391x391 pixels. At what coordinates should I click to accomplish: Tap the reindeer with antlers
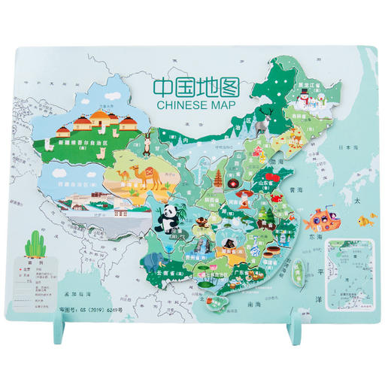[x=264, y=116]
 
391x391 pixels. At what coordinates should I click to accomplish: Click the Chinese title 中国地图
[x=195, y=86]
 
